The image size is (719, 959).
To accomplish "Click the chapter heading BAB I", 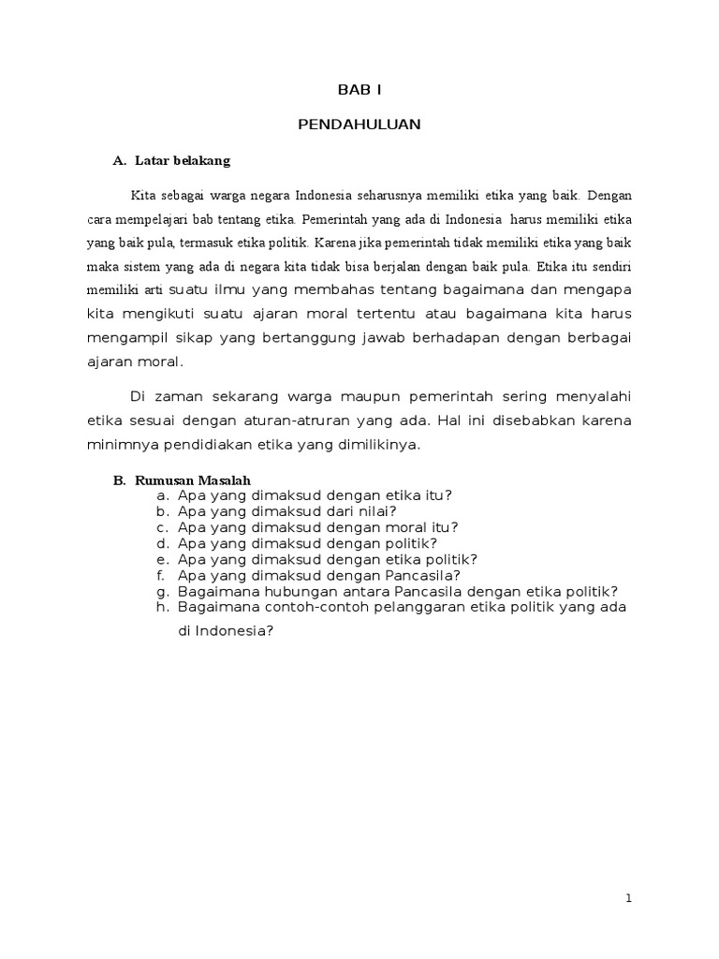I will (x=359, y=90).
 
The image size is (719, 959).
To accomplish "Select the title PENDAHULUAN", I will (x=359, y=125).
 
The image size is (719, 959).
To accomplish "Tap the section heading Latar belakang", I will (x=183, y=161).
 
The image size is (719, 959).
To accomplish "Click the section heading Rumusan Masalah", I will (x=194, y=480).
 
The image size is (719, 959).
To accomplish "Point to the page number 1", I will (x=629, y=898).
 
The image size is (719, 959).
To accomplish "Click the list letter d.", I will (x=162, y=542).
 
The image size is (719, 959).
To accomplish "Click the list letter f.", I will (x=162, y=575).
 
